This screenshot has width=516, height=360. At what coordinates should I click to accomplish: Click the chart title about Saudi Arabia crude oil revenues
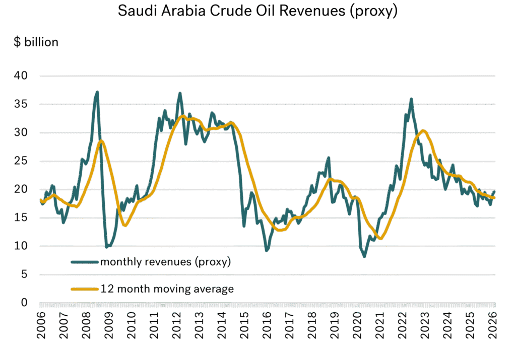click(x=258, y=11)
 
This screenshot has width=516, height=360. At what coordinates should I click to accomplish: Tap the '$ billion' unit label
click(x=36, y=42)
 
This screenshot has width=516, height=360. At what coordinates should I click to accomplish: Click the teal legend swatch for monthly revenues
click(x=84, y=262)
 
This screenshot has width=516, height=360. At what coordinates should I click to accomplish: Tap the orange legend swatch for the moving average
click(x=84, y=289)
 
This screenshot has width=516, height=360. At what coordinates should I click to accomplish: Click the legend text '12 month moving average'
click(x=166, y=289)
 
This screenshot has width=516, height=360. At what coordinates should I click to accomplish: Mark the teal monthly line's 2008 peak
click(x=97, y=92)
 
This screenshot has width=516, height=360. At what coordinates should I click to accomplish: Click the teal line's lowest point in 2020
click(x=364, y=257)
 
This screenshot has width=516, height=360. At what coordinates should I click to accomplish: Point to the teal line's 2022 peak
click(x=411, y=99)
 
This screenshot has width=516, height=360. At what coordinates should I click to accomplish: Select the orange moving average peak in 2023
click(x=423, y=130)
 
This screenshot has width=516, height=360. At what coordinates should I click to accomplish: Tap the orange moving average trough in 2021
click(x=381, y=239)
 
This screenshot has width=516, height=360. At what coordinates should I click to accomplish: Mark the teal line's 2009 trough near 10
click(x=107, y=247)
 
